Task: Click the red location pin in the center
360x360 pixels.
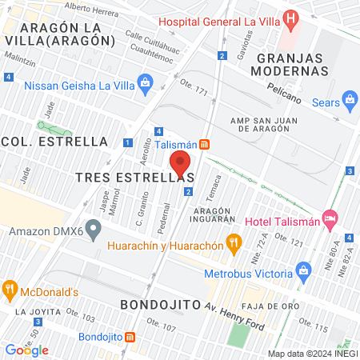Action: pyautogui.click(x=180, y=163)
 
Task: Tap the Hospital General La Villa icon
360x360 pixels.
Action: pyautogui.click(x=291, y=18)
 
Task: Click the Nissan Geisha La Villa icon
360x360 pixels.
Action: pyautogui.click(x=145, y=81)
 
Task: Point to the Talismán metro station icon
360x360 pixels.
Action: pyautogui.click(x=205, y=144)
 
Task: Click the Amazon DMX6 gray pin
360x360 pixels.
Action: pyautogui.click(x=94, y=232)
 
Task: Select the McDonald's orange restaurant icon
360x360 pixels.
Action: pyautogui.click(x=10, y=290)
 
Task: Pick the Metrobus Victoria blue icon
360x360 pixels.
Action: pyautogui.click(x=302, y=269)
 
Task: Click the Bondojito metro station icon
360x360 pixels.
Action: pyautogui.click(x=130, y=337)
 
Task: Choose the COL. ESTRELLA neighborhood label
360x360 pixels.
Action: pyautogui.click(x=56, y=142)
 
